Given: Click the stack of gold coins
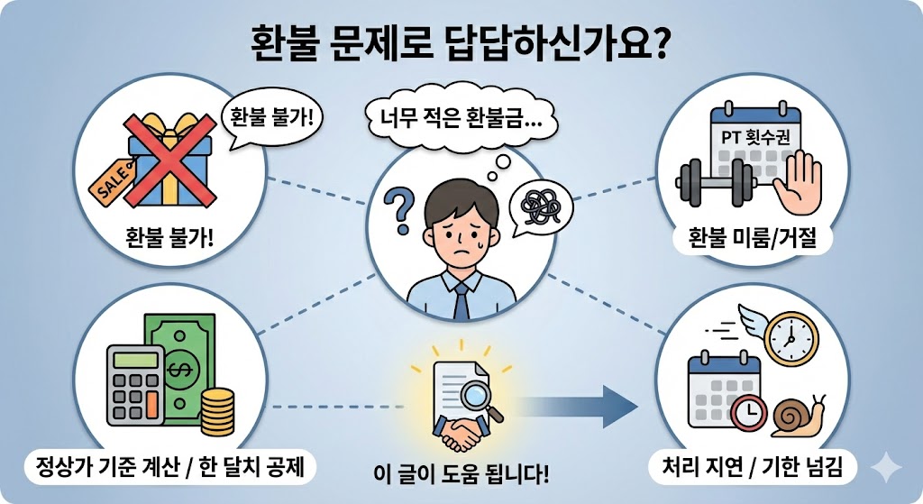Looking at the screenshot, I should pos(217,410).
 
